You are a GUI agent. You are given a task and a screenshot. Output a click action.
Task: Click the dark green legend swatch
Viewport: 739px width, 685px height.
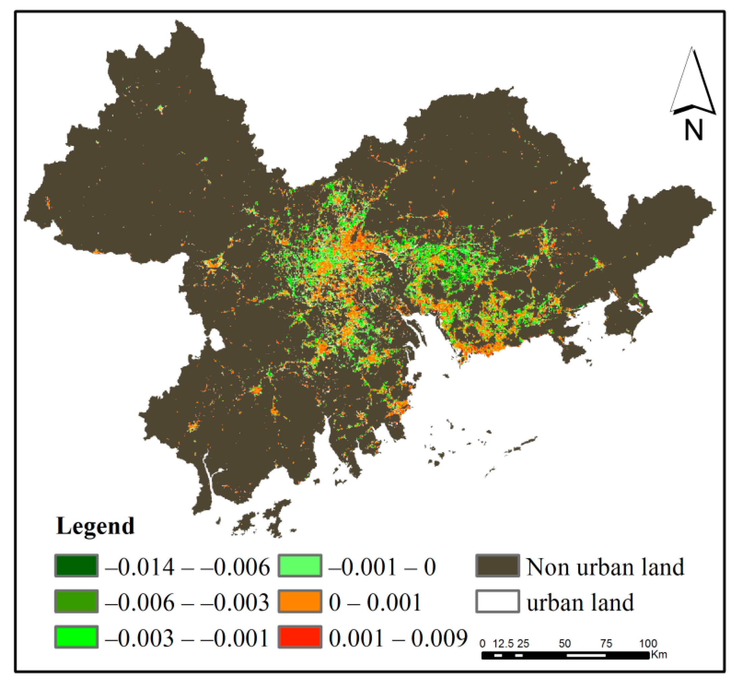point(76,566)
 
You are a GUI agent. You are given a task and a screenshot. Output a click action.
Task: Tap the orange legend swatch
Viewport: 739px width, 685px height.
point(300,601)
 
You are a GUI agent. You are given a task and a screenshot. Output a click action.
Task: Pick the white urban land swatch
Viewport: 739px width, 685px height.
point(497,601)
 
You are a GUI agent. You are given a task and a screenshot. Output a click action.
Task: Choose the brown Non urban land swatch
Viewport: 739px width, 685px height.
point(497,566)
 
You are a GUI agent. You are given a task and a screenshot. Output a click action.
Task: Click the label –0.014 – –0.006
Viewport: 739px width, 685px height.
point(187,567)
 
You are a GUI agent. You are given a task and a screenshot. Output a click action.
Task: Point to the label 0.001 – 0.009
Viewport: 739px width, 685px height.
point(398,638)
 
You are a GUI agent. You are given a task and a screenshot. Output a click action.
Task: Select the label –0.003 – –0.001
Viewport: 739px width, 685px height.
point(187,638)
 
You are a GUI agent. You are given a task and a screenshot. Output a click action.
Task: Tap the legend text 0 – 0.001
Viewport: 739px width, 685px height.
point(375,602)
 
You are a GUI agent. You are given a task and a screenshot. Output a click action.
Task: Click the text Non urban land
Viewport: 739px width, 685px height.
point(605,567)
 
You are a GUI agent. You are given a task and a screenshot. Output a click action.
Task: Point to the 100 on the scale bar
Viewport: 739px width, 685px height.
point(648,643)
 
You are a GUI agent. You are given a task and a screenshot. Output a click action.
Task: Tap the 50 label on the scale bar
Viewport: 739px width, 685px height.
point(565,643)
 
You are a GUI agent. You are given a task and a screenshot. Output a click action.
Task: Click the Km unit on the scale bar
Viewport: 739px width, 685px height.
point(659,654)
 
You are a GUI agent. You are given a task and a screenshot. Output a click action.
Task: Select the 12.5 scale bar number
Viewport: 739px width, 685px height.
point(503,643)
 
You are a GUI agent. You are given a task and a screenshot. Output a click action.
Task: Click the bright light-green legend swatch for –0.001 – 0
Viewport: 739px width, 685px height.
point(300,566)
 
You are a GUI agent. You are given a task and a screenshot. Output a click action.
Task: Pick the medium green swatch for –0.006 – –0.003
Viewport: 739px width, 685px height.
point(76,601)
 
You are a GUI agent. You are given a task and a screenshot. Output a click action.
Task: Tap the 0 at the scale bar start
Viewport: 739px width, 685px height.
point(482,643)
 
